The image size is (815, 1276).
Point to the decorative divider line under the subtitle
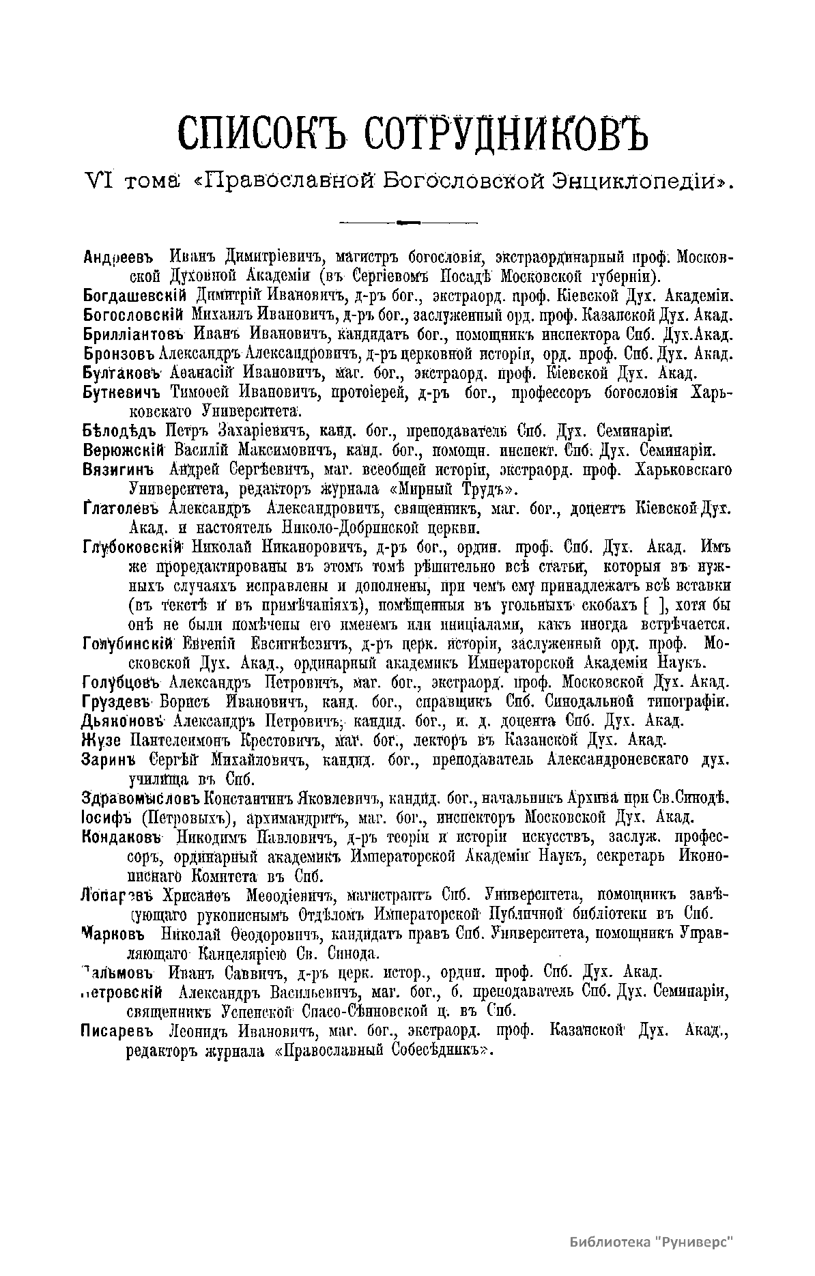pyautogui.click(x=408, y=222)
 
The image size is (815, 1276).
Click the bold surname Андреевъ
pyautogui.click(x=121, y=257)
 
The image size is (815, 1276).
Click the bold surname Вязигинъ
pyautogui.click(x=117, y=470)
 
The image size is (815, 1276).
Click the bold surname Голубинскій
pyautogui.click(x=130, y=643)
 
